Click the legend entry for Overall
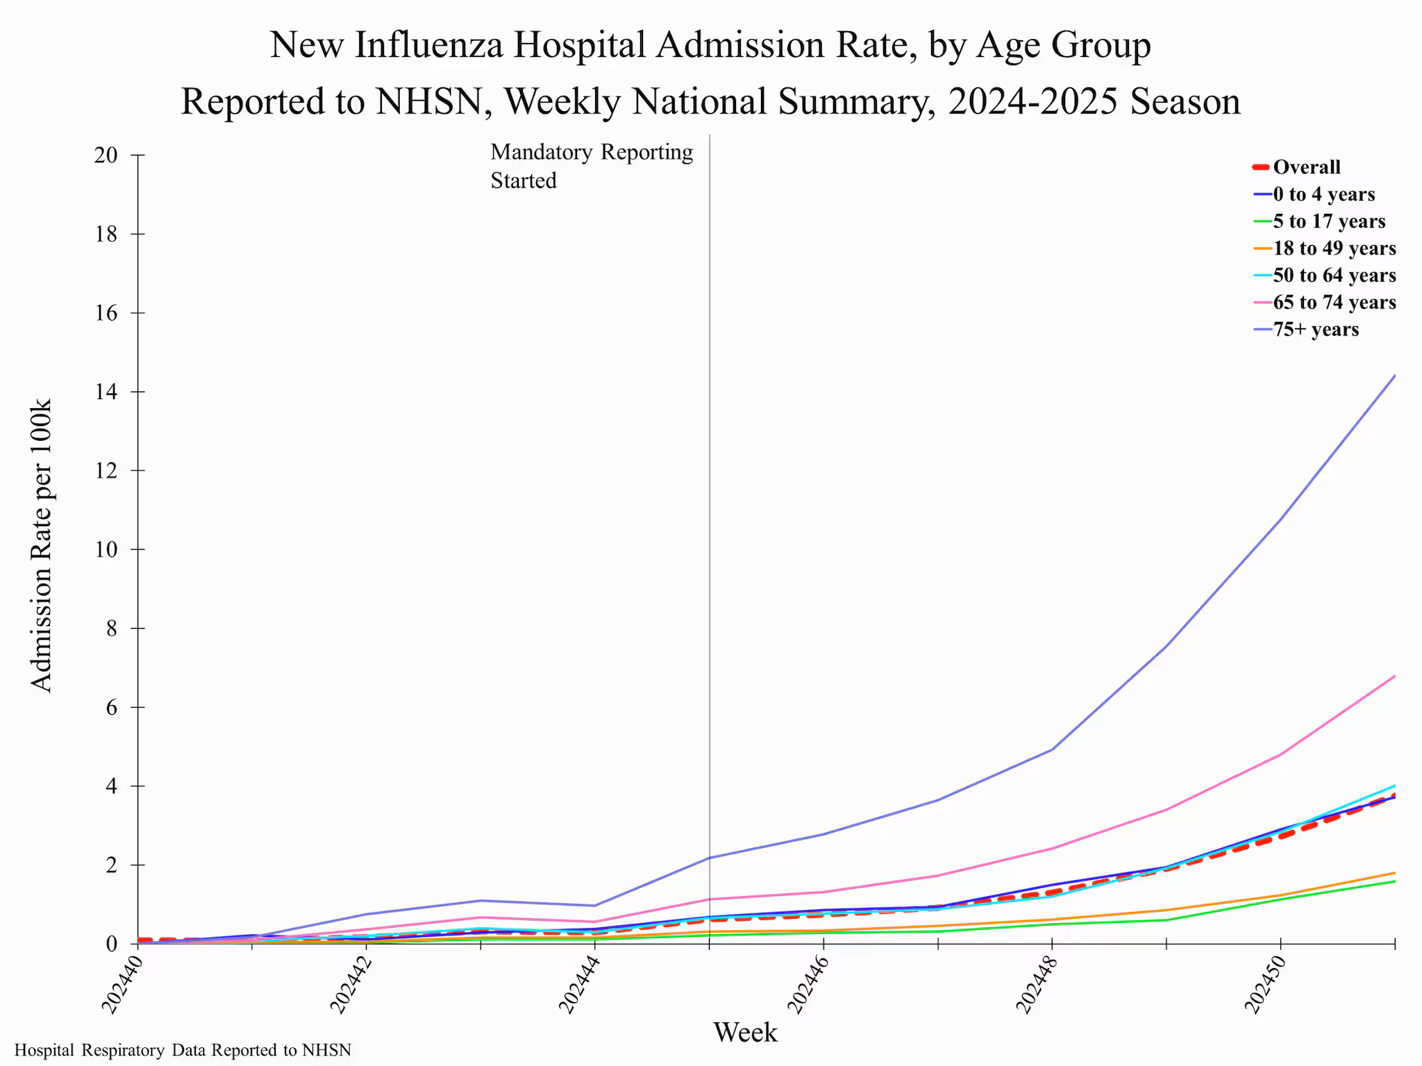tap(1306, 167)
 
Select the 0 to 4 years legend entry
tap(1323, 194)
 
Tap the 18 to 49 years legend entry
tap(1334, 248)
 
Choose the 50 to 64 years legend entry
tap(1334, 276)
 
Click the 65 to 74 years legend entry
tap(1334, 303)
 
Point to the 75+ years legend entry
tap(1315, 330)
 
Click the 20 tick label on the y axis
tap(106, 155)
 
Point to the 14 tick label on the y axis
tap(106, 392)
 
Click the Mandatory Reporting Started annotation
tap(592, 167)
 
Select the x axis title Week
tap(745, 1033)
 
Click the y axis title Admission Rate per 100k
tap(42, 545)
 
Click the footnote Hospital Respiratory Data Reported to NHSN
tap(183, 1051)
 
